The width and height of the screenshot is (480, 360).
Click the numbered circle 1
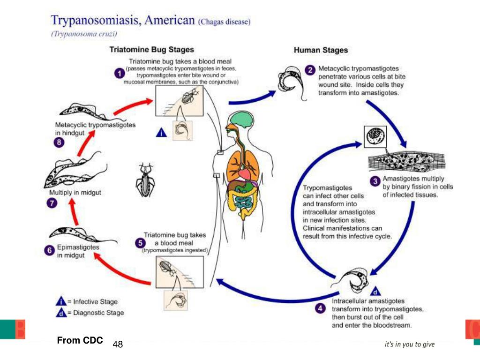click(x=120, y=73)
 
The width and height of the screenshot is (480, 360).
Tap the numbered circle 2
click(x=310, y=70)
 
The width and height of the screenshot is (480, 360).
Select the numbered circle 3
click(x=375, y=181)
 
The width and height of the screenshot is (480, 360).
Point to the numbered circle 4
click(x=320, y=308)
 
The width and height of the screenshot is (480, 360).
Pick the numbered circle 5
click(x=140, y=242)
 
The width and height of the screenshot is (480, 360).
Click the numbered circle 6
click(x=49, y=251)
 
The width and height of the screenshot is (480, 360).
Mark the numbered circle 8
click(x=59, y=143)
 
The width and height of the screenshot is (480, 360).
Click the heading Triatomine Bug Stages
click(x=151, y=50)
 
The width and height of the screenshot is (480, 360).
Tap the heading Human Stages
click(x=321, y=50)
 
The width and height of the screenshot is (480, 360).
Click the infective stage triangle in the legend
click(x=60, y=301)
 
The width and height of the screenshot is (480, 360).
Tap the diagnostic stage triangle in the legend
click(x=60, y=313)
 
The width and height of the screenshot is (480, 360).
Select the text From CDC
click(x=80, y=341)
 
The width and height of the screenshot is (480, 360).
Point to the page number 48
click(x=118, y=345)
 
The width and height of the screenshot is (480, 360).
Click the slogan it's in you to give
click(x=409, y=345)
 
